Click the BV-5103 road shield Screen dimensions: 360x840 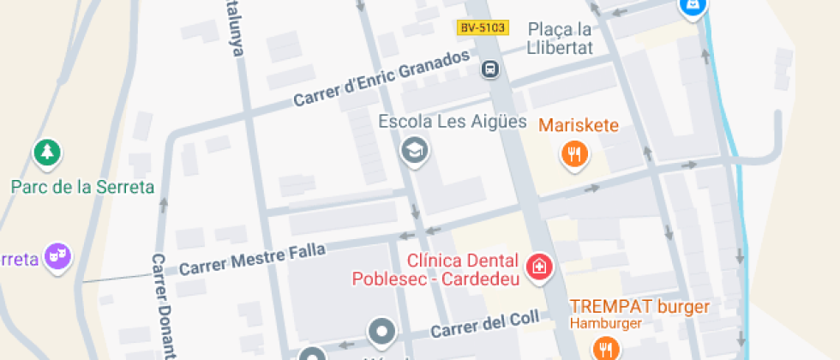pyautogui.click(x=483, y=28)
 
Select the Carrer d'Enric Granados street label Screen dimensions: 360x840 pyautogui.click(x=381, y=79)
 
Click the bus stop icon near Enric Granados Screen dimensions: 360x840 pyautogui.click(x=490, y=69)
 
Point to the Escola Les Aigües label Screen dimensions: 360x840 pyautogui.click(x=453, y=122)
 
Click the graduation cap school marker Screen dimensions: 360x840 pyautogui.click(x=416, y=151)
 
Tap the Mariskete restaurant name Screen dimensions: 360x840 pyautogui.click(x=579, y=126)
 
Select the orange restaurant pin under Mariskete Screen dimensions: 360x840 pyautogui.click(x=573, y=154)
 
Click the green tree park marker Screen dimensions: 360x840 pyautogui.click(x=47, y=153)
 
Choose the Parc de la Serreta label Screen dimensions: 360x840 pyautogui.click(x=82, y=187)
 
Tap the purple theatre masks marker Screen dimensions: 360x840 pyautogui.click(x=57, y=256)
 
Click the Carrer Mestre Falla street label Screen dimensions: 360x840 pyautogui.click(x=252, y=259)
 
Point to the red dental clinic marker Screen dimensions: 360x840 pyautogui.click(x=539, y=267)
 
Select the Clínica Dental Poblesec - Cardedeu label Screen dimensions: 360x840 pyautogui.click(x=435, y=269)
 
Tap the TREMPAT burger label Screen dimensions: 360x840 pyautogui.click(x=640, y=306)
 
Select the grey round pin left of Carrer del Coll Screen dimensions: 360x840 pyautogui.click(x=381, y=331)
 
